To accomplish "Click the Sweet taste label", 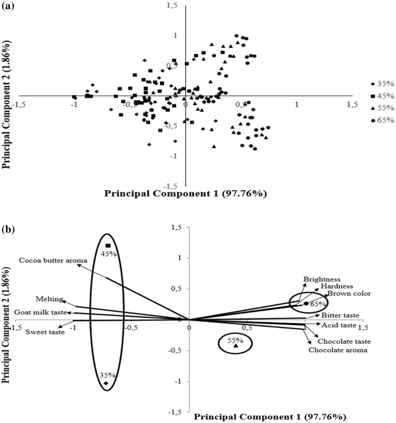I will (45, 332).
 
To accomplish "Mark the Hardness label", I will (334, 286).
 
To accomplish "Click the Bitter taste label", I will (340, 315).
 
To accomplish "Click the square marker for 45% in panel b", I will (108, 246).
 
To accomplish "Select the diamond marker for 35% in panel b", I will (106, 383).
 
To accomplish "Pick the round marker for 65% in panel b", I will (306, 304).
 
